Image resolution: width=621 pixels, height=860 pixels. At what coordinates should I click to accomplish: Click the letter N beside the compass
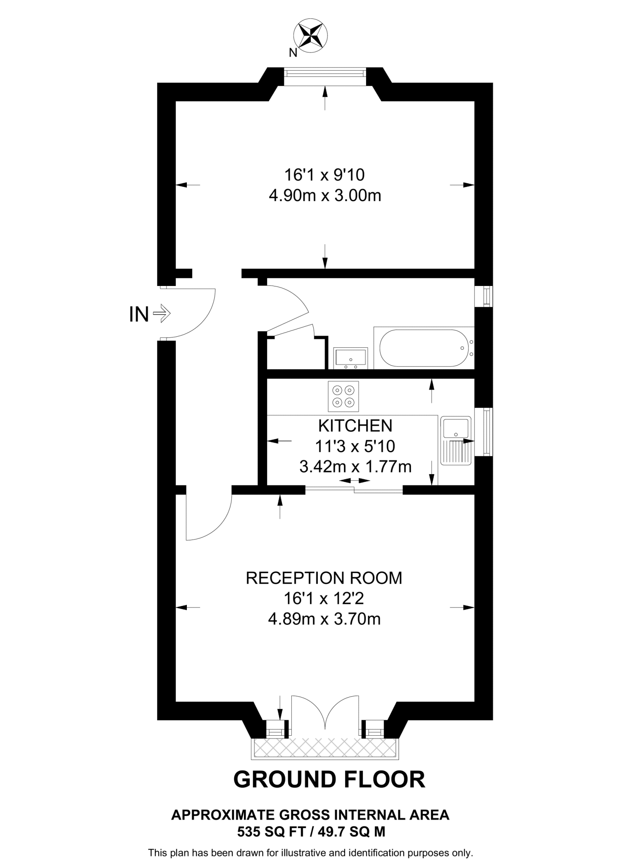coord(293,53)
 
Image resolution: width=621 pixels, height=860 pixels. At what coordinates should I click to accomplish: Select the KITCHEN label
coord(355,426)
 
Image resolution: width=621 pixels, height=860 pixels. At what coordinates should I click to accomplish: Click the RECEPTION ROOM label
coord(324,578)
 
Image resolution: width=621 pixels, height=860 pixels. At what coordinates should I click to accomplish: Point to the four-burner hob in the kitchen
coord(343,396)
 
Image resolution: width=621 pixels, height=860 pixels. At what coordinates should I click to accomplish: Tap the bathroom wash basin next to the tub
coord(351,358)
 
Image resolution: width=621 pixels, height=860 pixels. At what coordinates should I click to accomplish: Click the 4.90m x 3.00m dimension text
coord(325,196)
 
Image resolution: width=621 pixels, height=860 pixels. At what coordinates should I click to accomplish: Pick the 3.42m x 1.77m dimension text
coord(355,467)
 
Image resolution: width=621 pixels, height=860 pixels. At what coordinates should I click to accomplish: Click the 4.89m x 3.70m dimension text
coord(324,619)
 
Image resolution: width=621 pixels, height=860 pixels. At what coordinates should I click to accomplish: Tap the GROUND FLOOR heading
coord(329,779)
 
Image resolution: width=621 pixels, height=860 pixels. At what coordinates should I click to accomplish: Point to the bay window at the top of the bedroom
coord(324,74)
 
